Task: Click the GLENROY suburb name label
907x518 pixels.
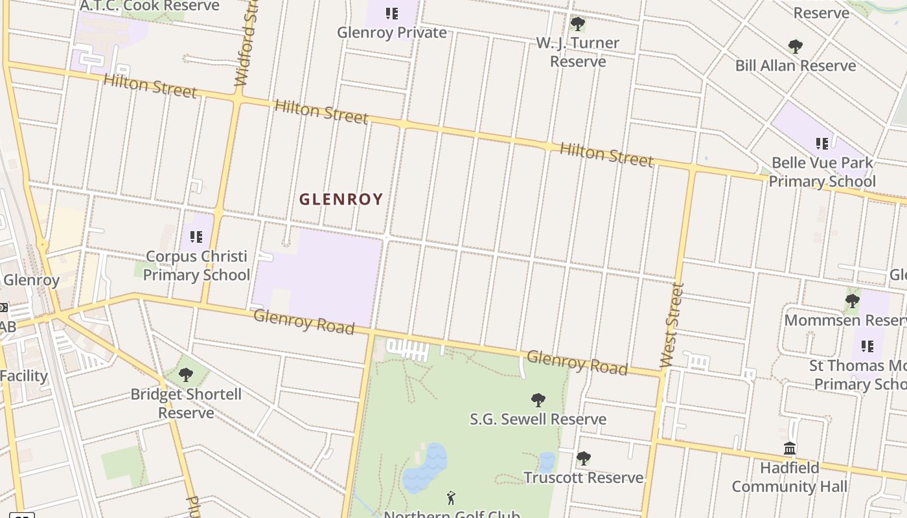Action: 341,199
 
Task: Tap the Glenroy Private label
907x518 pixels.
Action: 392,32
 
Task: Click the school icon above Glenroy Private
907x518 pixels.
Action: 391,13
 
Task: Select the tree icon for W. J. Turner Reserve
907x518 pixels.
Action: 577,24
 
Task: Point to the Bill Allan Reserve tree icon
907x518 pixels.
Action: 795,47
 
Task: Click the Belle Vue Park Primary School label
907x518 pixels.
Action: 822,172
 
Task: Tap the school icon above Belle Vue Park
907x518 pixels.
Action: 821,143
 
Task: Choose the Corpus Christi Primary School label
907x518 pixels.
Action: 196,265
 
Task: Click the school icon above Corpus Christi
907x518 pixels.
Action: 196,237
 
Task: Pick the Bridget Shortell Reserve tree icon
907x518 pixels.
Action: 186,374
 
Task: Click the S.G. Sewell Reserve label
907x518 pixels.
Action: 538,419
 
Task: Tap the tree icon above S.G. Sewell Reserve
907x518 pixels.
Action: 538,400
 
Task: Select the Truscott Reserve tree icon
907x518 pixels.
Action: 583,458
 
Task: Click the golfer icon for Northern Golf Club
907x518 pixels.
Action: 451,498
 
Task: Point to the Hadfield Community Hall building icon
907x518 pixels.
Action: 789,448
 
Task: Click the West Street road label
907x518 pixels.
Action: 672,326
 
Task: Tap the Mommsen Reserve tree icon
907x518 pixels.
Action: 852,300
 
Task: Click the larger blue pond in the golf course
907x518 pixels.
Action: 425,468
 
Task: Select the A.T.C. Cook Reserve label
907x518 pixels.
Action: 150,6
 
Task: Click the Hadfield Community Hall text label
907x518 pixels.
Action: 789,477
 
